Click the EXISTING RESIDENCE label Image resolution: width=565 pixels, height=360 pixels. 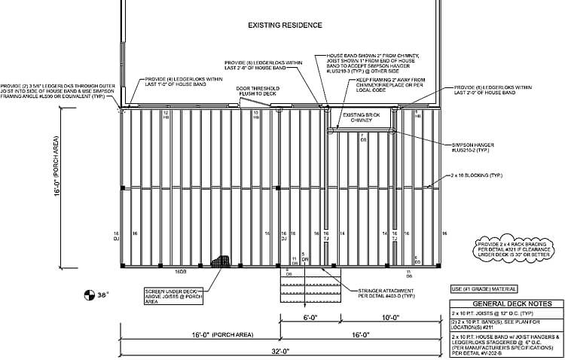(x=286, y=25)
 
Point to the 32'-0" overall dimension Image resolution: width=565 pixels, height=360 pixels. (x=280, y=352)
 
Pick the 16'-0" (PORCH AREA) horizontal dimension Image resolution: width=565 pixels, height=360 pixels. (x=200, y=334)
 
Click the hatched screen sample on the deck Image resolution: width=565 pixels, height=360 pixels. (x=221, y=261)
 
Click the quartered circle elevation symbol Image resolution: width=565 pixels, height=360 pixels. (x=89, y=294)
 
